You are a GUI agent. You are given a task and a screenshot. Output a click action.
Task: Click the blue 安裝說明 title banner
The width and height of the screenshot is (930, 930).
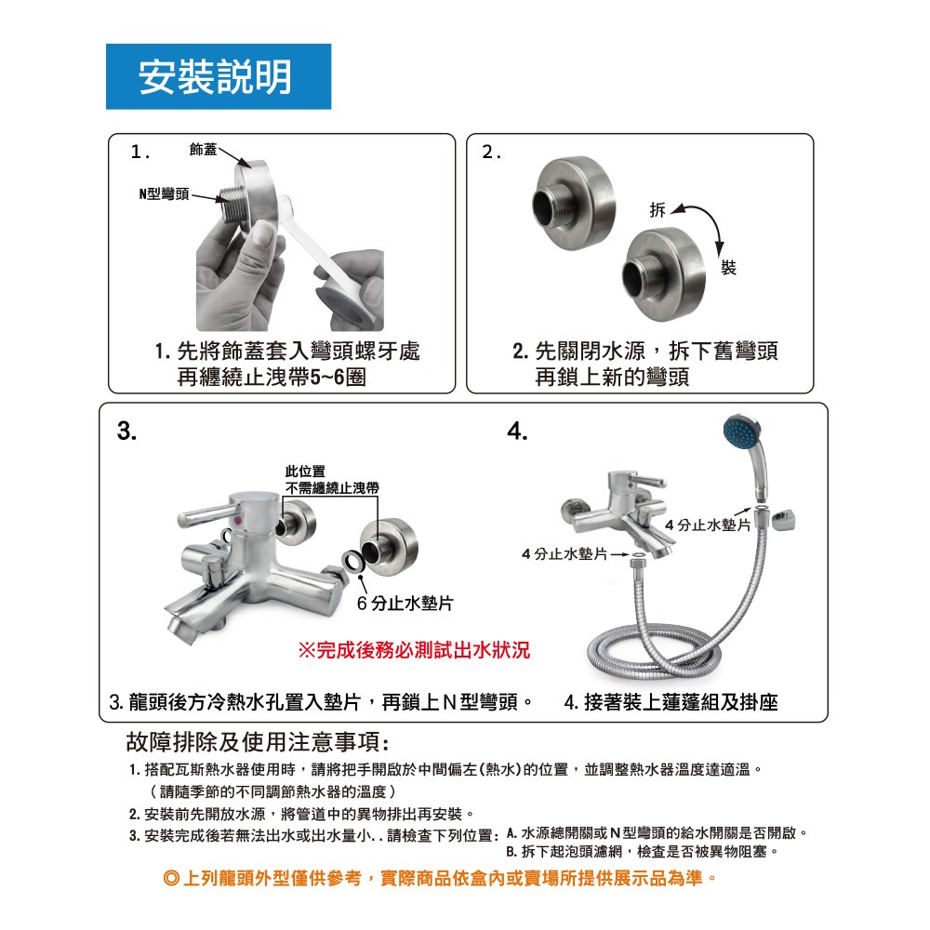tap(219, 76)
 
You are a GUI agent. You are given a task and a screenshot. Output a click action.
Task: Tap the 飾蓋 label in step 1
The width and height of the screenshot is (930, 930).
tap(203, 150)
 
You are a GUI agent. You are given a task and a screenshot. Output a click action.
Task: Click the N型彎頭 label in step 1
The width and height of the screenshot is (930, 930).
tap(165, 194)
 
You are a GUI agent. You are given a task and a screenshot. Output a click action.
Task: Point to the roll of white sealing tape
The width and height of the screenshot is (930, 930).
tap(350, 289)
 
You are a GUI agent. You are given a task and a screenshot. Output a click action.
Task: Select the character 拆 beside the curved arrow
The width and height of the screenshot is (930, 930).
tap(658, 210)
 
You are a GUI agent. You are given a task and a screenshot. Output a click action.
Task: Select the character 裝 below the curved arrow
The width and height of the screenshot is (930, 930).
tap(728, 268)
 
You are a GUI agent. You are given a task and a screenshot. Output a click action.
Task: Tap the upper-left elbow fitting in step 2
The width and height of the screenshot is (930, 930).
tap(574, 203)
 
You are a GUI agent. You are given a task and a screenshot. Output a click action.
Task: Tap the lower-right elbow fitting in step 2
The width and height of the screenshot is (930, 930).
tap(664, 274)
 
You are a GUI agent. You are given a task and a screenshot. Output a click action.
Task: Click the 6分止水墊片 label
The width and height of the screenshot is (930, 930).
tap(405, 604)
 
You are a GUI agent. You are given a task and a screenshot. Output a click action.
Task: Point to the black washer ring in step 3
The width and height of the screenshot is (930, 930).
tap(352, 561)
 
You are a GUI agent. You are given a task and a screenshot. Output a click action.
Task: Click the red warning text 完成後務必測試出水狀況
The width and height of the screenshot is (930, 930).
tap(414, 650)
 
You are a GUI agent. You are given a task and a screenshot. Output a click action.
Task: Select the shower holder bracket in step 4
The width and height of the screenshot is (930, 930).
tap(783, 519)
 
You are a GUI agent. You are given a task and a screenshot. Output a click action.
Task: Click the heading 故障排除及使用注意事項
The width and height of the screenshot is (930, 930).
tap(258, 742)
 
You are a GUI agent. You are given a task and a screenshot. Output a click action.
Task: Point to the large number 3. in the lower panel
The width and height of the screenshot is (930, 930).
tap(126, 432)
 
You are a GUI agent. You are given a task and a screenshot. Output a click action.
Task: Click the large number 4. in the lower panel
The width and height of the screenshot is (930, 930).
tap(517, 432)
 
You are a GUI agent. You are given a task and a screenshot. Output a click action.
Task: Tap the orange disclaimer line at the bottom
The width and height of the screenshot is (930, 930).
tap(440, 879)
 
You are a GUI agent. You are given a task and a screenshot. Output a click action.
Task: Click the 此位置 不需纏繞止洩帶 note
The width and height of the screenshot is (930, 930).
tap(332, 480)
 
